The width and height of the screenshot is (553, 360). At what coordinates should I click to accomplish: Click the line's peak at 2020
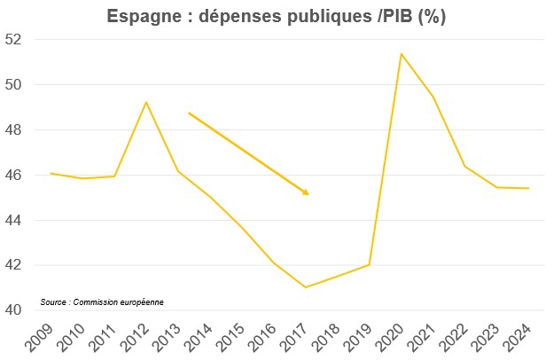pyautogui.click(x=401, y=54)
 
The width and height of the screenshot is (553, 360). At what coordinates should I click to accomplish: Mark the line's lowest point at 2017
pyautogui.click(x=305, y=287)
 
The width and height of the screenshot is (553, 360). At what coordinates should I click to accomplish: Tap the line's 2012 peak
pyautogui.click(x=146, y=102)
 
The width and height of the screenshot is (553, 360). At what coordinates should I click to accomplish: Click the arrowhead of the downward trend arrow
pyautogui.click(x=306, y=192)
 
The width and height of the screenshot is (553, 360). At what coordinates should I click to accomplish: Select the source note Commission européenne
pyautogui.click(x=102, y=302)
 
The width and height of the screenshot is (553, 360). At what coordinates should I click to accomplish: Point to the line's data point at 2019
pyautogui.click(x=370, y=264)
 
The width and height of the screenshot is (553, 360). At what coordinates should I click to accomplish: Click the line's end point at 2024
pyautogui.click(x=529, y=188)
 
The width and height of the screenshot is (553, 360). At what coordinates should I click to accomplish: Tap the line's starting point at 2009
pyautogui.click(x=51, y=174)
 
